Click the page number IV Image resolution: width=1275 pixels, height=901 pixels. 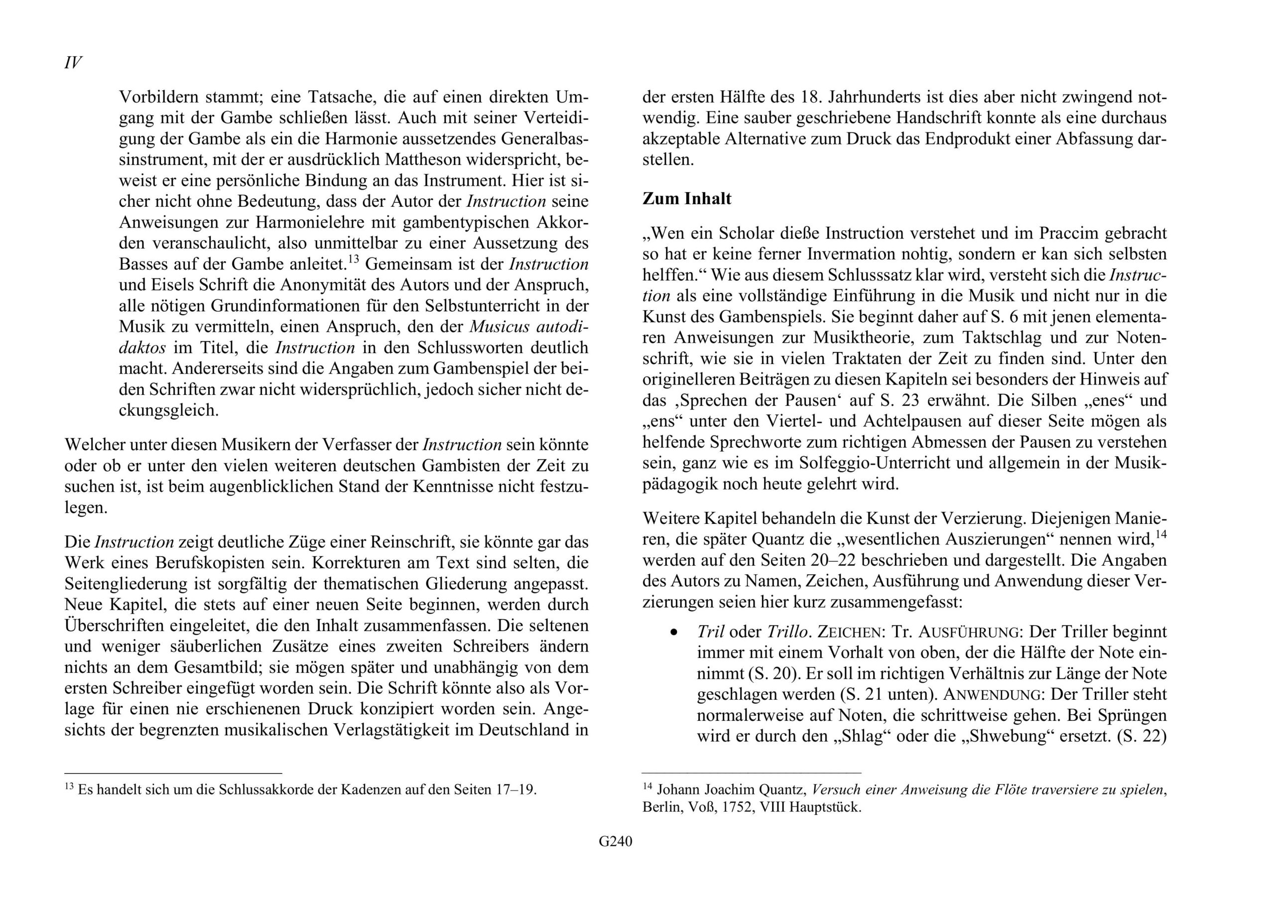point(73,63)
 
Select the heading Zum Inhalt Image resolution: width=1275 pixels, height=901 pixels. point(686,199)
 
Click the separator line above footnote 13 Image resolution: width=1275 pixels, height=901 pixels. point(173,772)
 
